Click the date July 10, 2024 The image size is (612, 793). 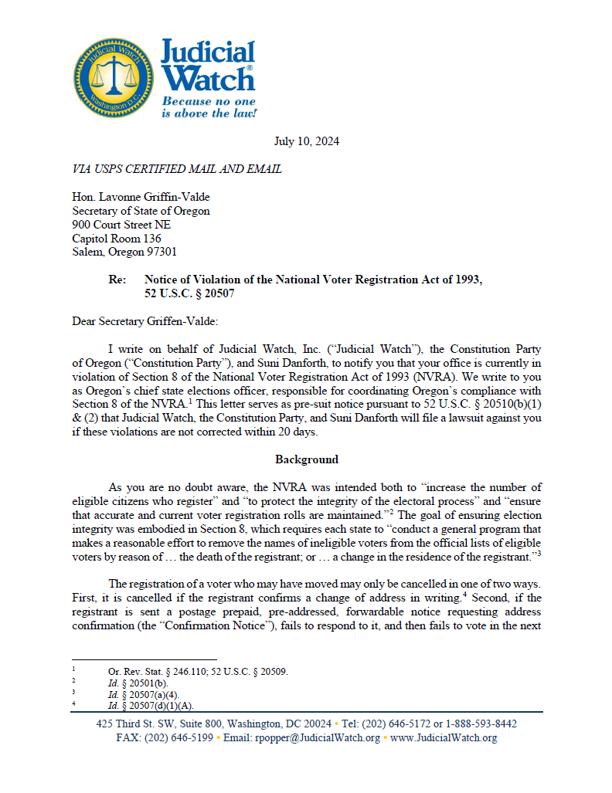(x=306, y=141)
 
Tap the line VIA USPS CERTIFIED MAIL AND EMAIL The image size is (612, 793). (x=176, y=169)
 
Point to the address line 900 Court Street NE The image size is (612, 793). (x=121, y=225)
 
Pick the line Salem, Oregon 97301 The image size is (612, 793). (x=124, y=252)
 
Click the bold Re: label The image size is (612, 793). (x=118, y=280)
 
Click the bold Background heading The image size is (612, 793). (x=306, y=459)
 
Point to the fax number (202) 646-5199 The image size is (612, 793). (x=178, y=738)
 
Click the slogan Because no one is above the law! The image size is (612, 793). (x=208, y=107)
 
